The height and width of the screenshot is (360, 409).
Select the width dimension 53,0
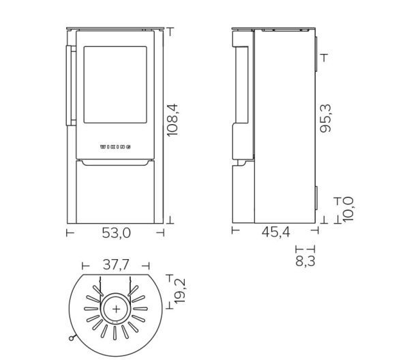point(116,233)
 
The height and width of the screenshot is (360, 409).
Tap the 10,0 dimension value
point(348,209)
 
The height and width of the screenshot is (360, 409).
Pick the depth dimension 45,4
point(276,232)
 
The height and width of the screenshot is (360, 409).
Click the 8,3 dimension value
point(305,259)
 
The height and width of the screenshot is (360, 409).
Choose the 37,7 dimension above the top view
point(116,266)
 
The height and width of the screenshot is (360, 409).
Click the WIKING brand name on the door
point(116,147)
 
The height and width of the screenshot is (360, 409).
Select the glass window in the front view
point(115,85)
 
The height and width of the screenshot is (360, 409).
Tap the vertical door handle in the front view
point(70,86)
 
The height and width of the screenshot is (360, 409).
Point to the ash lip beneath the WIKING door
point(115,164)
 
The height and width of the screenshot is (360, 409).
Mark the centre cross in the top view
point(116,309)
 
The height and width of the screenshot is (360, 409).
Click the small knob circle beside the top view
point(70,337)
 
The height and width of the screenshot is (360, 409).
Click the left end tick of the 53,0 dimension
point(69,233)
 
